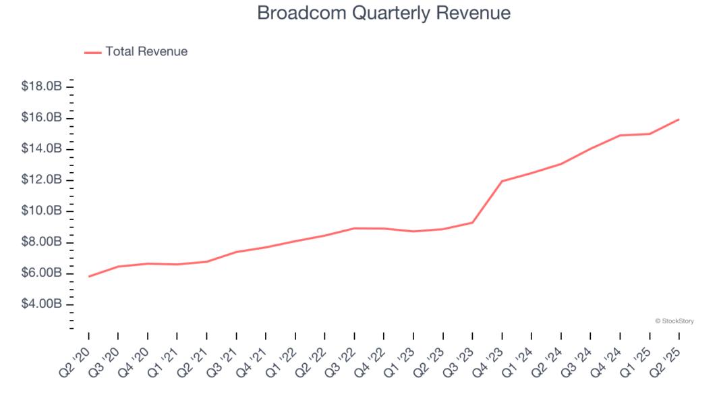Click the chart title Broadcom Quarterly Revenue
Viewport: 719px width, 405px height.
point(384,13)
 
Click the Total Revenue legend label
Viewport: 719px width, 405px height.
point(146,51)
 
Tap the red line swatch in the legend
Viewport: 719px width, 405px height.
point(93,52)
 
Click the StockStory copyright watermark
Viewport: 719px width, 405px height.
point(674,321)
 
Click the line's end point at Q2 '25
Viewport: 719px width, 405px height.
point(679,119)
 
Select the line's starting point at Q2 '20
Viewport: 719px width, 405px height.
point(89,276)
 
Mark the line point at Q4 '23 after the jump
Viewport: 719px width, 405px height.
point(502,181)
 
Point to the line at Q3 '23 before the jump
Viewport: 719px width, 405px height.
point(472,222)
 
